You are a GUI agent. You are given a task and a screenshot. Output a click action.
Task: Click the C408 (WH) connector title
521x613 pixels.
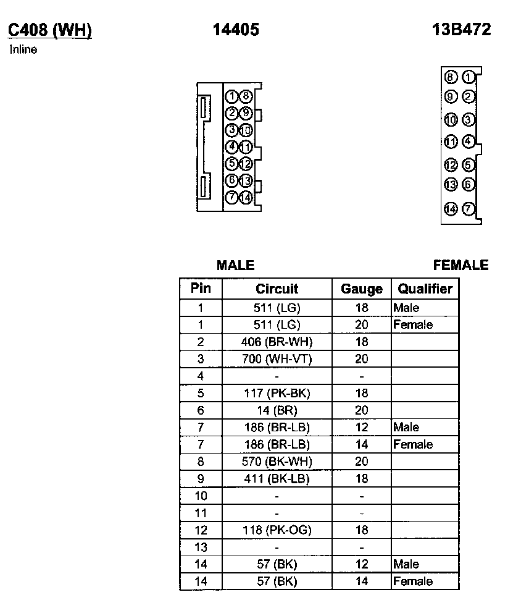49,30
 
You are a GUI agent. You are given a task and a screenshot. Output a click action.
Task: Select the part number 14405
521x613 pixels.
235,30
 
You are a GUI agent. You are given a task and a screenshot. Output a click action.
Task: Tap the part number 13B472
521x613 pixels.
462,30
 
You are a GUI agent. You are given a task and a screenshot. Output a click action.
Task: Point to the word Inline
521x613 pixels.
23,50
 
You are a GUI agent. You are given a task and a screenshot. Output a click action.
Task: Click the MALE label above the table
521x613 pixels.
235,265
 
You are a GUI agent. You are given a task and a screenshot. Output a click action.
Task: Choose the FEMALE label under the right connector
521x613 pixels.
461,265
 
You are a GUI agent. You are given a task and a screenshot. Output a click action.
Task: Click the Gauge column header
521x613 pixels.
362,289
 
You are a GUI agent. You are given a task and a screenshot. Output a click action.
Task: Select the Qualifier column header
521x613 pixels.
425,289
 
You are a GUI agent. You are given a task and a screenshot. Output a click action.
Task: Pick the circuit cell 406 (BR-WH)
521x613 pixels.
277,342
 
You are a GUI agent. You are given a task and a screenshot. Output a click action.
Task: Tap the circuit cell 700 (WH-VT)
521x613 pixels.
277,359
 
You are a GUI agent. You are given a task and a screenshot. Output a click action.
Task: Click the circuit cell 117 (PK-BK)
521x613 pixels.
277,393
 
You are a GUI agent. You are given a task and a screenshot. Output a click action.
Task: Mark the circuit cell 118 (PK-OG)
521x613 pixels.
277,530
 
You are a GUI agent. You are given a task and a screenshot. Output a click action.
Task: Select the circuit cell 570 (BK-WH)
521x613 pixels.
277,461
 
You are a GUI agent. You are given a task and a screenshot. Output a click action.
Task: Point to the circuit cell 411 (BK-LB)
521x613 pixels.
277,478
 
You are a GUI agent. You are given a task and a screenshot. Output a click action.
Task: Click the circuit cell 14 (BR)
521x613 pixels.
277,410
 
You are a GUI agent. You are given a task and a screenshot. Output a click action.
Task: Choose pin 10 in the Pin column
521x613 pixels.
201,496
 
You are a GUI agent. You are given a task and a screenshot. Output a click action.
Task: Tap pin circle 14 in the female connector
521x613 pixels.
451,209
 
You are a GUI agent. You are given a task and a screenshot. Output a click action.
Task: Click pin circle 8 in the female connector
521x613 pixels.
451,77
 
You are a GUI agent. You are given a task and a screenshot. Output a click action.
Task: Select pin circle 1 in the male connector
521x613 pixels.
231,96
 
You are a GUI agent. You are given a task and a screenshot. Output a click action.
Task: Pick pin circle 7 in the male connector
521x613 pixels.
231,198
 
